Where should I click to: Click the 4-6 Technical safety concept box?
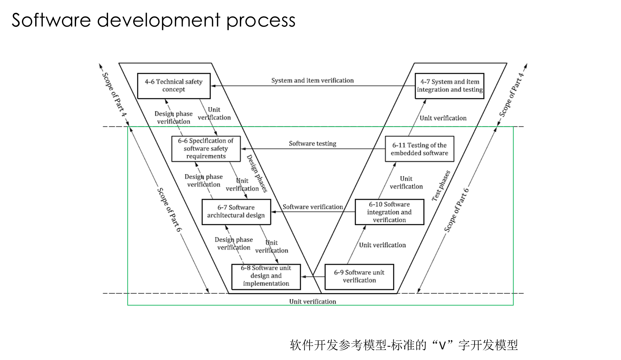tap(174, 86)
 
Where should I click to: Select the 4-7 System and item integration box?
tap(449, 86)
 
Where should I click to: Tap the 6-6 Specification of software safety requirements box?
tap(206, 149)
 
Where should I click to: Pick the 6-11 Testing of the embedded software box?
tap(419, 149)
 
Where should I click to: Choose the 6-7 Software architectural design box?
tap(236, 212)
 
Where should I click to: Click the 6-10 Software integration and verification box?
tap(389, 212)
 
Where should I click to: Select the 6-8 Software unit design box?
tap(266, 277)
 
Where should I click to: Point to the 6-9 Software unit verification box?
tap(359, 277)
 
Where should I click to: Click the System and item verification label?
tap(312, 80)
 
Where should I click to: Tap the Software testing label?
tap(312, 143)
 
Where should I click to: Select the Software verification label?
tap(313, 207)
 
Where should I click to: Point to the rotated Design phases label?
tap(257, 174)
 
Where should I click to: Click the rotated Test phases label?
tap(441, 186)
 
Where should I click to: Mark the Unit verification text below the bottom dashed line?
tap(312, 302)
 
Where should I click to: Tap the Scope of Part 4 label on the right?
tap(512, 95)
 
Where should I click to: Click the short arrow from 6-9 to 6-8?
tap(313, 277)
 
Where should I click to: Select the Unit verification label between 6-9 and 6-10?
tap(382, 245)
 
